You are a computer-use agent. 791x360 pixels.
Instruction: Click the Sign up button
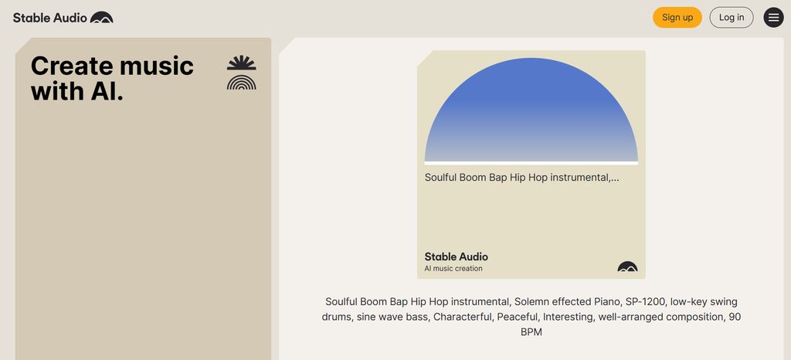(677, 17)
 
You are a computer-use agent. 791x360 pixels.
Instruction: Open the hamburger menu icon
(773, 17)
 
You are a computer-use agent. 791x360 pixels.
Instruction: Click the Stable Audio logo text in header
(49, 17)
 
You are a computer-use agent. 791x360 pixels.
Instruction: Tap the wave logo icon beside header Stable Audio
(101, 17)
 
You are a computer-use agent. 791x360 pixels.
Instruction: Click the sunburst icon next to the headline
(241, 63)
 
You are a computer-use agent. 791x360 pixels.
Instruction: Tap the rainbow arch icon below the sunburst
(241, 83)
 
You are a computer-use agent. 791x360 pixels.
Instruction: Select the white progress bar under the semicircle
(531, 163)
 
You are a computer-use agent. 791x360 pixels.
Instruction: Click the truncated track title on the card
(521, 177)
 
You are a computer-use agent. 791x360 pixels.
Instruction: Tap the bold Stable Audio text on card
(456, 256)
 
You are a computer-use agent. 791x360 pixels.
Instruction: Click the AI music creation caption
(453, 269)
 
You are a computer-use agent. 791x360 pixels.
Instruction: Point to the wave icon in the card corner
(627, 267)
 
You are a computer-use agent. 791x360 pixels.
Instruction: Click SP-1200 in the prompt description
(643, 301)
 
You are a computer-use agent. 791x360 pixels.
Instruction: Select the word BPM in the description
(531, 332)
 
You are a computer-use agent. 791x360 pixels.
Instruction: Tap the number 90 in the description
(734, 317)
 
